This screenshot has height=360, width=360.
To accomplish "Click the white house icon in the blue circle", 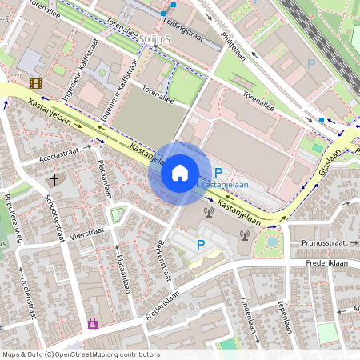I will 179,173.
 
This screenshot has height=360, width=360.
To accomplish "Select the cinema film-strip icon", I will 36,82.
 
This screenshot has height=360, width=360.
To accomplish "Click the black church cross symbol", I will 54,180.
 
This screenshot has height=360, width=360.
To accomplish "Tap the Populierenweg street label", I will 11,213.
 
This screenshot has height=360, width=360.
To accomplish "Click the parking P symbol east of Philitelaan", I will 311,63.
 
